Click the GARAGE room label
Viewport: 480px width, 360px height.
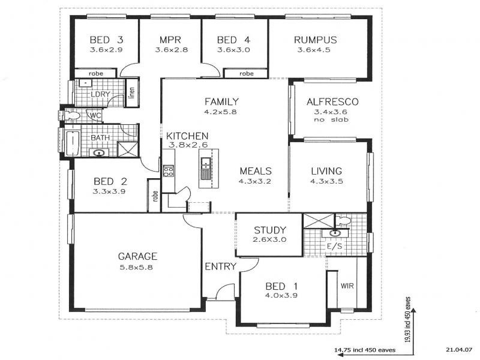click(137, 256)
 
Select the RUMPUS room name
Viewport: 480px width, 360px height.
click(315, 40)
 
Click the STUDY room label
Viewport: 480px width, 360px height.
click(269, 230)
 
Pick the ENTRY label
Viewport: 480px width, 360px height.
click(220, 266)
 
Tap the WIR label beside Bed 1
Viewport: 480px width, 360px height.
click(347, 286)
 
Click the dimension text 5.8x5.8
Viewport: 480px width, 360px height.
click(137, 267)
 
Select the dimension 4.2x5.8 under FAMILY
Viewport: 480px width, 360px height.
click(221, 112)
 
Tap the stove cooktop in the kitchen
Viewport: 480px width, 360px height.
click(169, 170)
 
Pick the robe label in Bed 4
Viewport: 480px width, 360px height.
click(246, 73)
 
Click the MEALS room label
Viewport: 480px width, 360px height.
click(255, 171)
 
